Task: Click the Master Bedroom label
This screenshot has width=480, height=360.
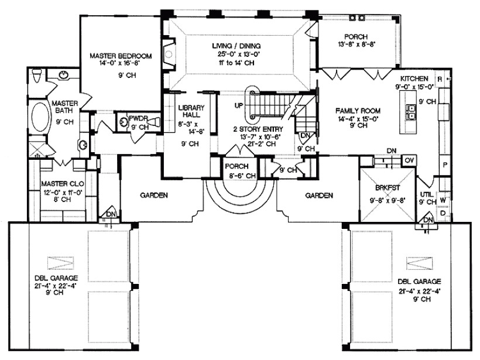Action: click(x=121, y=56)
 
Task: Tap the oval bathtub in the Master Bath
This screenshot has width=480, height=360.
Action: click(x=40, y=118)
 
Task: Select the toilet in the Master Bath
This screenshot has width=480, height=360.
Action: click(x=36, y=76)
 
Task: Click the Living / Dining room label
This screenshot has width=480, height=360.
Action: click(x=236, y=46)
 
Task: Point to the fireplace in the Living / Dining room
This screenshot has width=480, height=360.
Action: click(x=169, y=54)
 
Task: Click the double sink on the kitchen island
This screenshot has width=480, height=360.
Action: click(x=410, y=112)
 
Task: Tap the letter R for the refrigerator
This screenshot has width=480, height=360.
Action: click(x=440, y=79)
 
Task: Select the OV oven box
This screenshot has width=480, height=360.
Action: click(x=409, y=160)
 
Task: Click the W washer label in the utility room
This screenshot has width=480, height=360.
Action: click(x=443, y=200)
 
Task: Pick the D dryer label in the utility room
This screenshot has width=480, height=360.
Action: click(x=443, y=212)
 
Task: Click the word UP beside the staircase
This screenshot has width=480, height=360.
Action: click(x=239, y=105)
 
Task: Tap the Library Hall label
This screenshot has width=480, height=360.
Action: click(x=191, y=111)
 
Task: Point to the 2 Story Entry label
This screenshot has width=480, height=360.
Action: click(x=258, y=129)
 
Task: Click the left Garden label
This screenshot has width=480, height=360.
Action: click(x=154, y=195)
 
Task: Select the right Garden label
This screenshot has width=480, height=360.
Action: click(x=319, y=196)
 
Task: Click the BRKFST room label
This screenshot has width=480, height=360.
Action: click(x=388, y=188)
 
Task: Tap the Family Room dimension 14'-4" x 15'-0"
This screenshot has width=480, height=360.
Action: click(x=358, y=118)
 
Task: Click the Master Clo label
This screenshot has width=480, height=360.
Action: click(x=63, y=184)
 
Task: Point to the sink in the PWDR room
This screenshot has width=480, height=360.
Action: click(x=124, y=122)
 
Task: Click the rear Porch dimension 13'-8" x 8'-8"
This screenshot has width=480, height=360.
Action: click(x=356, y=44)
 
